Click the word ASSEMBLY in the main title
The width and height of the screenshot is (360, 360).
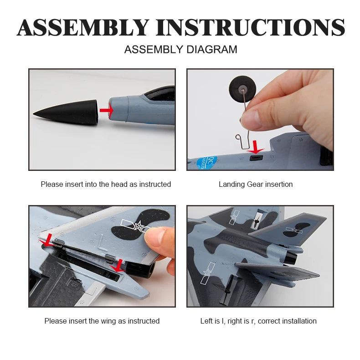83,27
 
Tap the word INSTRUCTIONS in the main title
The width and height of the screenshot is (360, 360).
250,27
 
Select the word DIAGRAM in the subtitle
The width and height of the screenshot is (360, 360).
212,50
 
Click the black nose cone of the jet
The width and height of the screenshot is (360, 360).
66,112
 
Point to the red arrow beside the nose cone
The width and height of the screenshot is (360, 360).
107,110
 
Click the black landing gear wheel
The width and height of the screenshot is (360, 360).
243,87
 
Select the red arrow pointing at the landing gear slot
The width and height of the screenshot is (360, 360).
255,147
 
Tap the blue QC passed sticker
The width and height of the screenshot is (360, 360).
206,163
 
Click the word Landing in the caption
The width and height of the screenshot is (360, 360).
231,185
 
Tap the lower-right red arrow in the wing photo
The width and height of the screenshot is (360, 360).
118,266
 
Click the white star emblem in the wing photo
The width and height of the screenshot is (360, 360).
139,226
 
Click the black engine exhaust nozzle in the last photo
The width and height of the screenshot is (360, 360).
291,257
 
